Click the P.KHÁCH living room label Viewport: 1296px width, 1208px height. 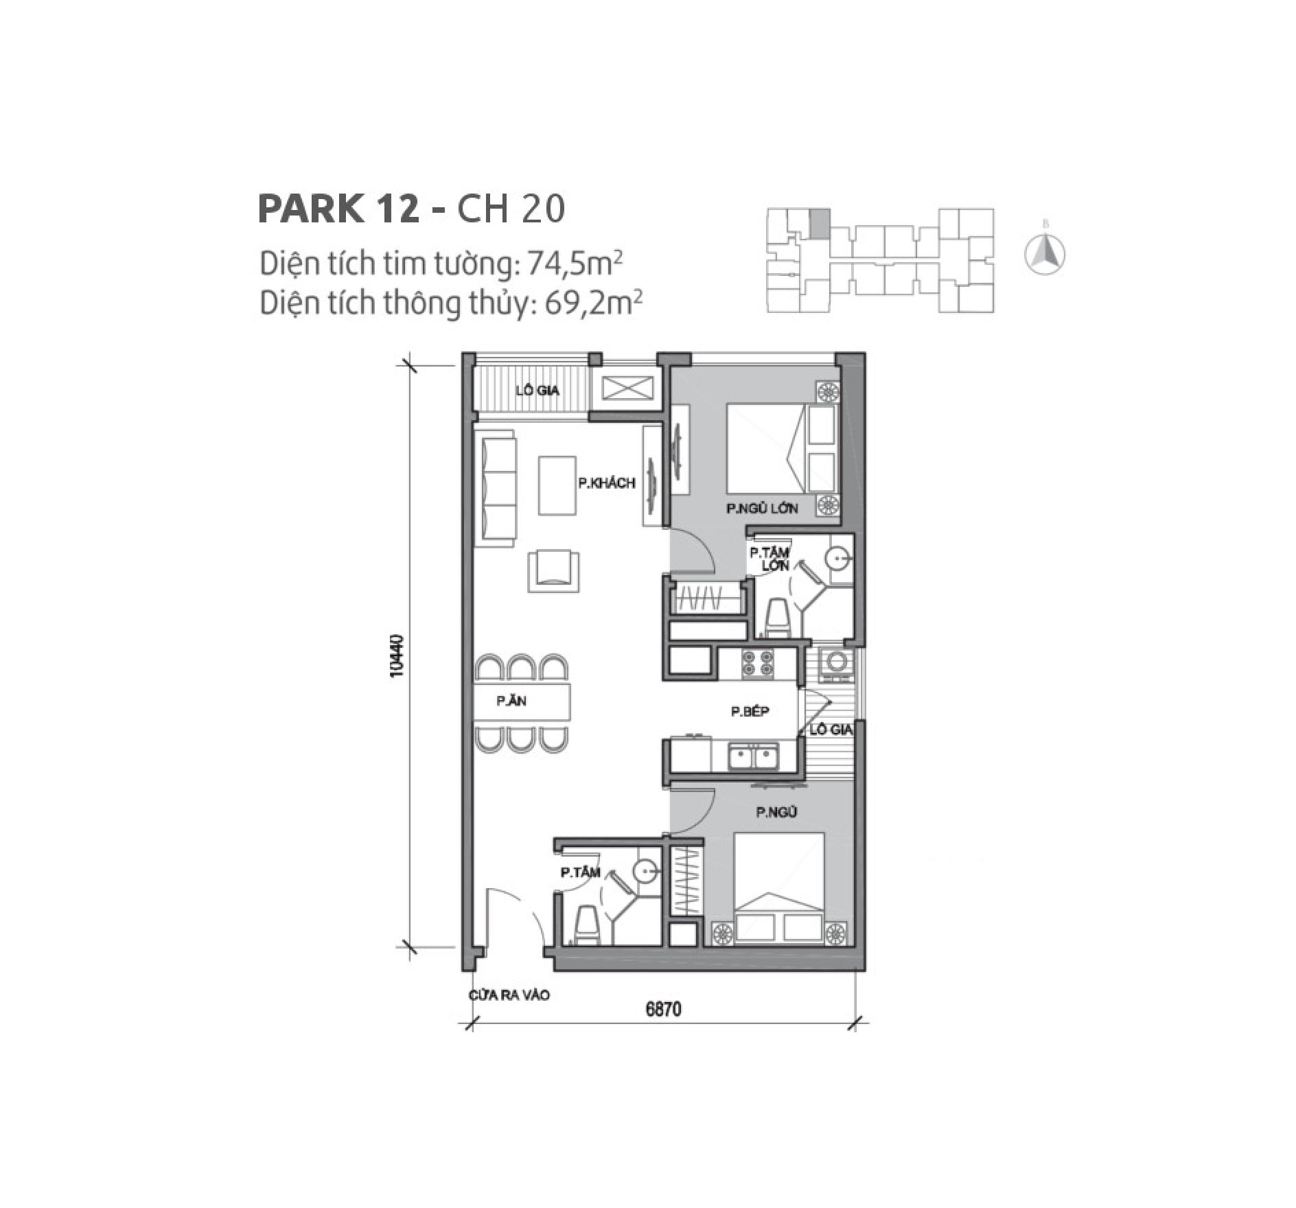point(606,483)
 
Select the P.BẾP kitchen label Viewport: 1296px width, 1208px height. point(750,711)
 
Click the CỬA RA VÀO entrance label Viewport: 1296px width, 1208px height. point(509,995)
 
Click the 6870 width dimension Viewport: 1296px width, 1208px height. point(663,1010)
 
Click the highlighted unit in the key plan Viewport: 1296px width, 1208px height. point(819,223)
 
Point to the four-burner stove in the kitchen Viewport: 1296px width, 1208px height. point(757,662)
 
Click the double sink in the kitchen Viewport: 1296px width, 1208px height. point(753,758)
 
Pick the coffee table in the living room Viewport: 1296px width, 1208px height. point(557,485)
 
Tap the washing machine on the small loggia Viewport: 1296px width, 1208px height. point(837,662)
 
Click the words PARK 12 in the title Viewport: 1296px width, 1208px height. point(338,209)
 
